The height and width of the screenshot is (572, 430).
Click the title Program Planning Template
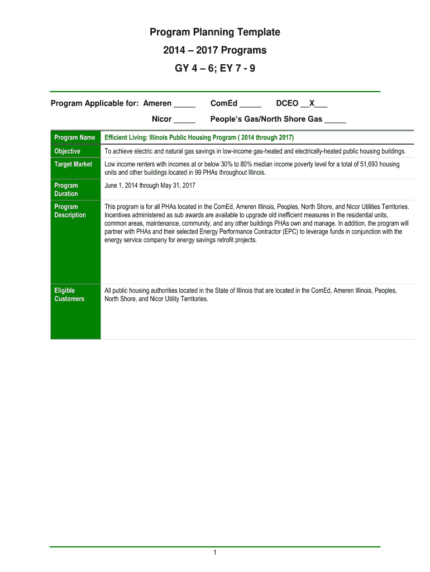[214, 32]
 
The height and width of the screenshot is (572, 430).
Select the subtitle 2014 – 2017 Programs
[214, 50]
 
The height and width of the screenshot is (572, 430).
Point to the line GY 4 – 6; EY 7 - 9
[214, 69]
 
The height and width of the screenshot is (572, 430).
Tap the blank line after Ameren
[184, 104]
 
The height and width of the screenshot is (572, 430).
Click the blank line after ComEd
[250, 104]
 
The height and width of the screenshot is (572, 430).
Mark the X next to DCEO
[313, 103]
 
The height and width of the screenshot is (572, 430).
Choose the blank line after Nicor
[184, 120]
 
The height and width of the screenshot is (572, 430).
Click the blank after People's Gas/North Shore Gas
[335, 120]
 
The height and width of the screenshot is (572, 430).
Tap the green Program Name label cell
[74, 137]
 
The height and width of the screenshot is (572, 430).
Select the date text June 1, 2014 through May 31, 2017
[150, 185]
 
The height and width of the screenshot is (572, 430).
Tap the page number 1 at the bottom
[214, 553]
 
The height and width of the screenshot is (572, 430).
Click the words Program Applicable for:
[95, 103]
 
